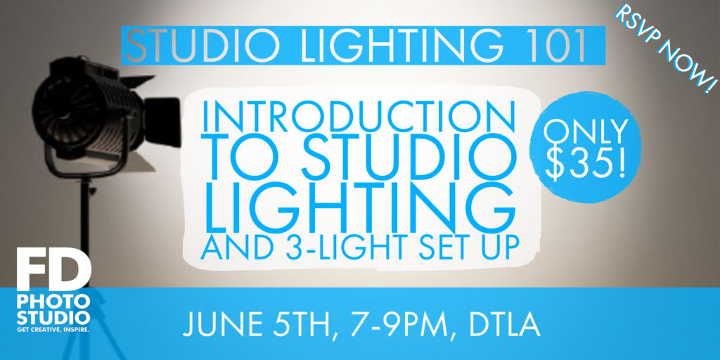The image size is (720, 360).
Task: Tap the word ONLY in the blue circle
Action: (x=584, y=131)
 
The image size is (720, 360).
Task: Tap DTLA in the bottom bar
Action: (x=505, y=325)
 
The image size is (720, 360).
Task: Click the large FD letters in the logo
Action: (x=53, y=269)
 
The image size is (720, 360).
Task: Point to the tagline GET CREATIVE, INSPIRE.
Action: (x=53, y=330)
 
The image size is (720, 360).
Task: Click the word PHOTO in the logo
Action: (x=53, y=302)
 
